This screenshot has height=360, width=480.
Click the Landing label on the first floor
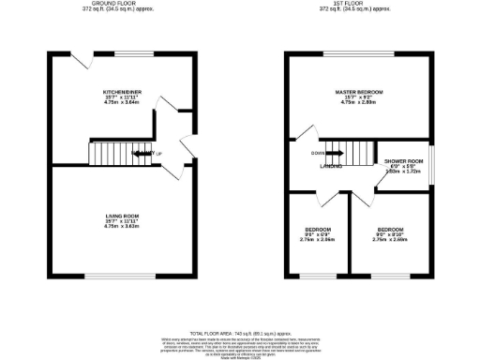(331, 167)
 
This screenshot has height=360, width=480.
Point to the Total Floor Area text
(240, 333)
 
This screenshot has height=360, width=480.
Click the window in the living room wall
(122, 276)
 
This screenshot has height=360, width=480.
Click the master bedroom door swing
(307, 137)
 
